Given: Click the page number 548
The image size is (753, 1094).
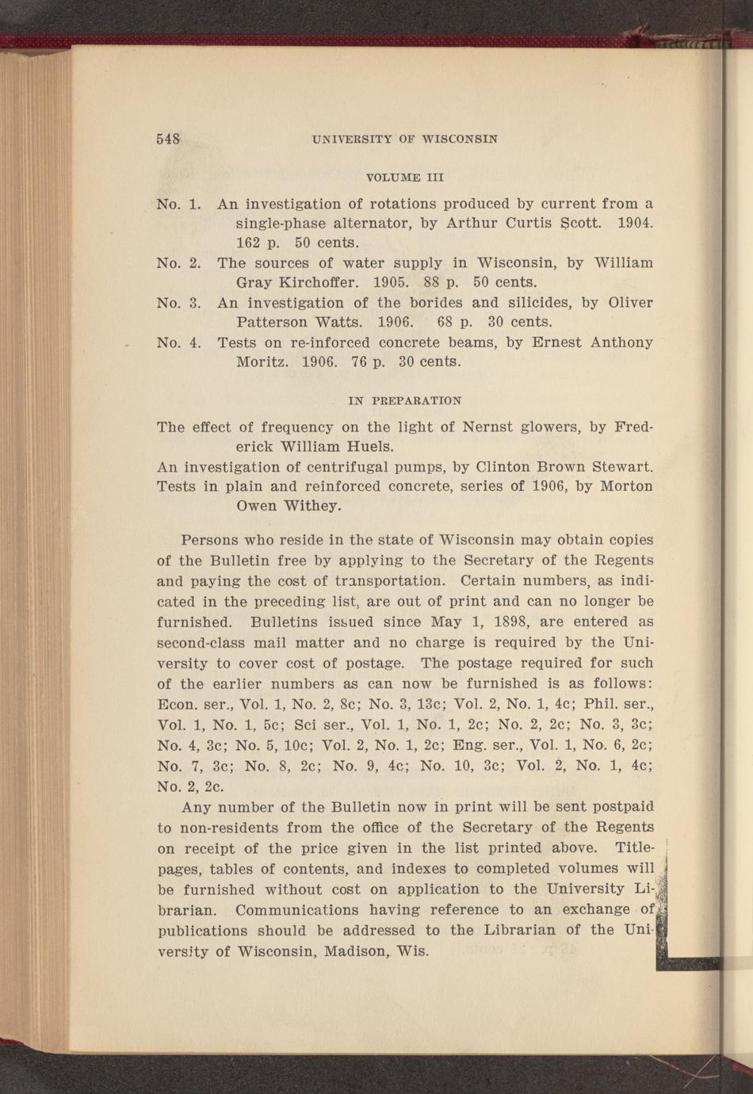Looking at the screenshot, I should [x=169, y=139].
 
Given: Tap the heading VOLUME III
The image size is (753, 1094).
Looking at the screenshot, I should [x=405, y=177].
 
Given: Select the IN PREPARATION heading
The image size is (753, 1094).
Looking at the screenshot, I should [x=405, y=401].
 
